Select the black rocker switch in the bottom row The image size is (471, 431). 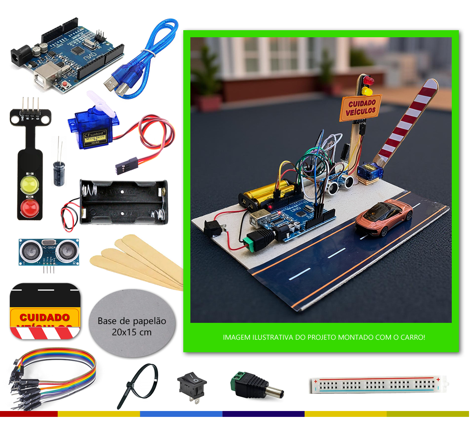(x=192, y=385)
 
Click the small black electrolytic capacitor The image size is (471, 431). (x=59, y=172)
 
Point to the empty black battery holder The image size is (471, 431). (x=124, y=202)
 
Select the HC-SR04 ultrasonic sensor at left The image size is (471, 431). (x=49, y=251)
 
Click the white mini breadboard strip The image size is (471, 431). (x=378, y=385)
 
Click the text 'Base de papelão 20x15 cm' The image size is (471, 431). (x=132, y=326)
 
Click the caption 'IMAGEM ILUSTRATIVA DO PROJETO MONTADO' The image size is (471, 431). (x=324, y=337)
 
